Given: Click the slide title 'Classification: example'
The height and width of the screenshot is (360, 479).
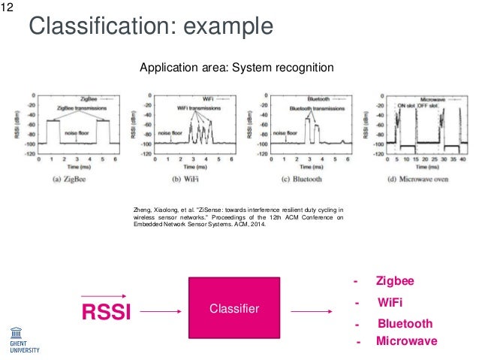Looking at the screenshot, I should click(x=150, y=27).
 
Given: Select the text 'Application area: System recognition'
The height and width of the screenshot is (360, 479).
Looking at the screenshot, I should click(x=237, y=68).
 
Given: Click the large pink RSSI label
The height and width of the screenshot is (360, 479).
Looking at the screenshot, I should click(x=106, y=310).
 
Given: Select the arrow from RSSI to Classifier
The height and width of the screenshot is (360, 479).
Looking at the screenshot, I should click(x=161, y=310).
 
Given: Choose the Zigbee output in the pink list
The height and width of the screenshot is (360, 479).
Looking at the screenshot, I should click(x=394, y=280).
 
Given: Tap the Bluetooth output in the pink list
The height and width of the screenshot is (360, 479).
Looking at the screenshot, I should click(x=404, y=324).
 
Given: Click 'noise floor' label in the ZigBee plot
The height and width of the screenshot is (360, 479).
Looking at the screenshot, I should click(x=77, y=132).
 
